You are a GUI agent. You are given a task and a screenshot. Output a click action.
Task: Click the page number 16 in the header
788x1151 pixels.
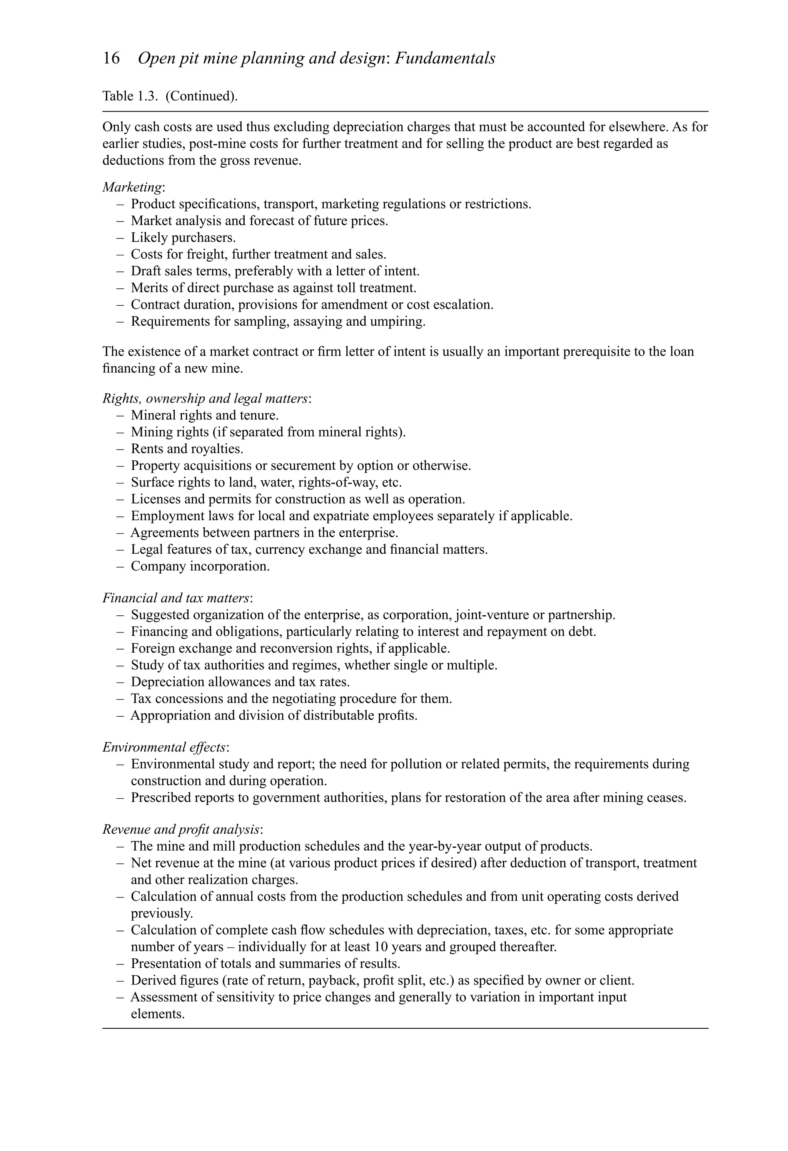click(111, 58)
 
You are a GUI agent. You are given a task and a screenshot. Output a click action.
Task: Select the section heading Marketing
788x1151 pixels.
click(132, 187)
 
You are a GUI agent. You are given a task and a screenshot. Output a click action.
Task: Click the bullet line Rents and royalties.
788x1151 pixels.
click(187, 449)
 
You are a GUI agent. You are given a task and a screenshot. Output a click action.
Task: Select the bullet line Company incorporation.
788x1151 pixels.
click(200, 566)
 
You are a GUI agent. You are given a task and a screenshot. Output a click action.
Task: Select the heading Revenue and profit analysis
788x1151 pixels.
click(181, 830)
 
